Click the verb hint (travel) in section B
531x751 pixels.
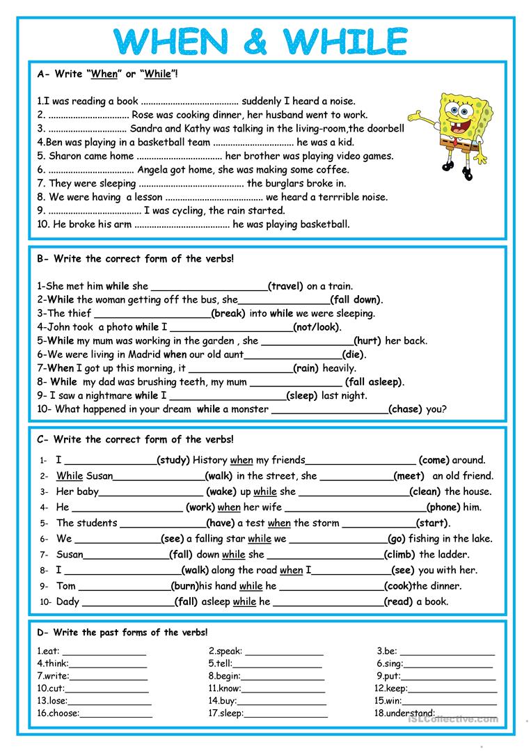coord(286,286)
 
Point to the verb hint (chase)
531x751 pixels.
coord(405,409)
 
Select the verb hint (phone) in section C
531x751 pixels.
coord(443,507)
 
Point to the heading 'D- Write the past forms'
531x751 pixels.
coord(122,632)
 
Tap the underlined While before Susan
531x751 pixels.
coord(70,476)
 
